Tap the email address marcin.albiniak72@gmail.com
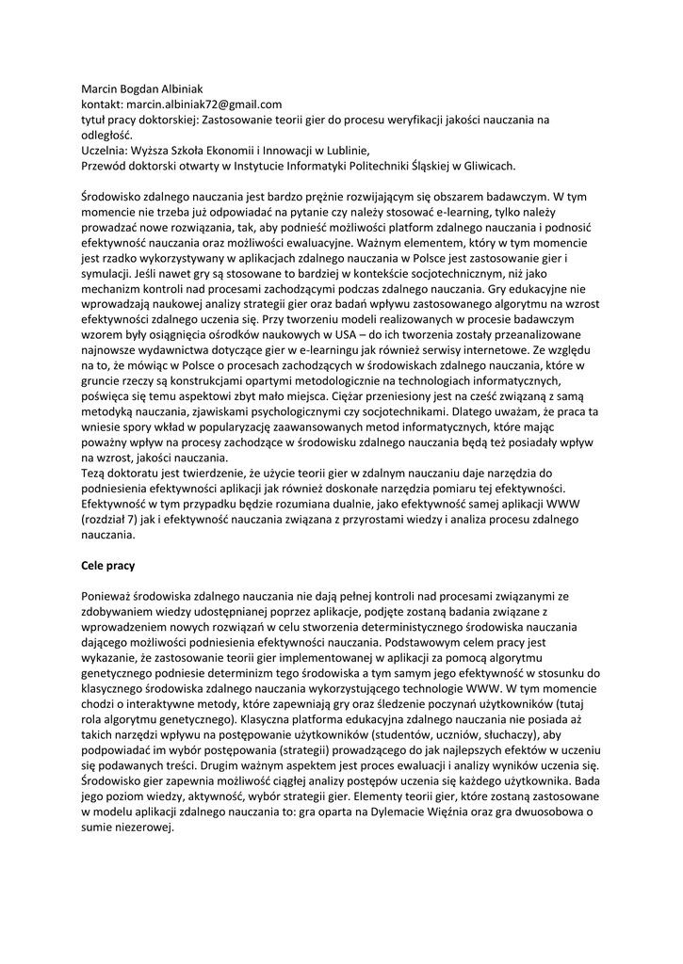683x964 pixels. point(204,104)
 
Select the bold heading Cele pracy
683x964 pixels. point(108,567)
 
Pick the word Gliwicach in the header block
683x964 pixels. point(482,166)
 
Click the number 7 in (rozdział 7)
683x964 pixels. point(142,519)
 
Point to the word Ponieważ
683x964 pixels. point(109,597)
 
